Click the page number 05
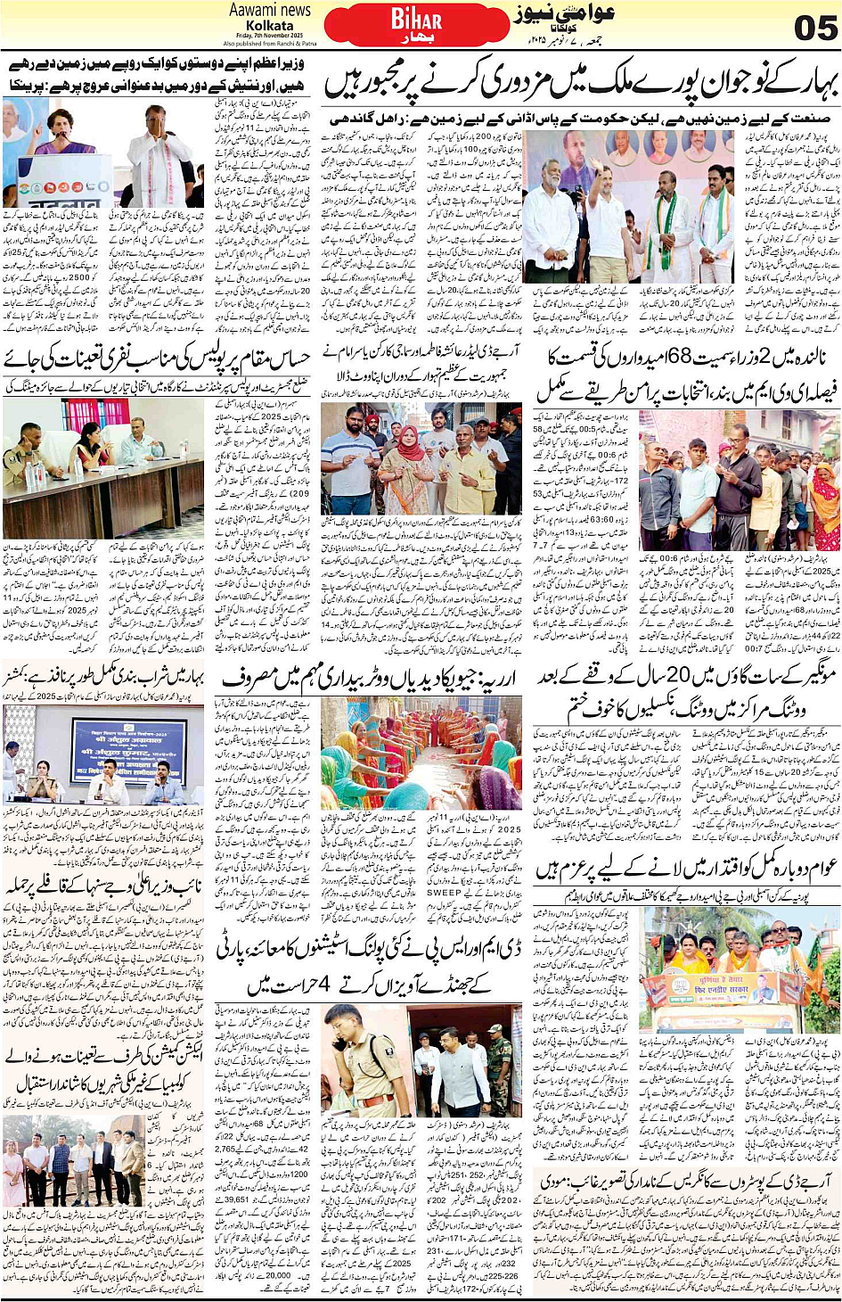point(814,27)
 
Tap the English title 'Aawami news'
point(270,10)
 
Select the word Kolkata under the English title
point(269,25)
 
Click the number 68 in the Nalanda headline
point(680,358)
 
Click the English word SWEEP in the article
point(444,892)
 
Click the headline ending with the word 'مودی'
point(686,1181)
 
